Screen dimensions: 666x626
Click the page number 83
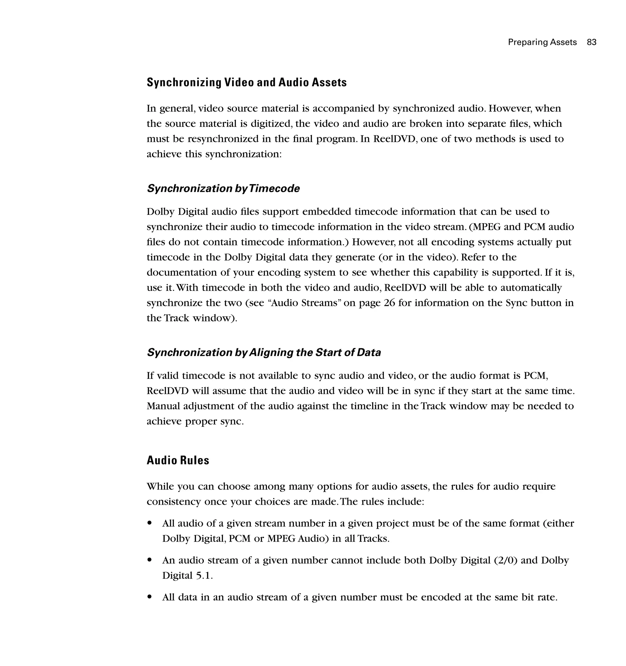(591, 42)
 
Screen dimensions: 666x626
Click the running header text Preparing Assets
(542, 42)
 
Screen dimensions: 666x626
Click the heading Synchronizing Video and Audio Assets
(247, 82)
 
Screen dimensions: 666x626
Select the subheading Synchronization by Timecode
(223, 188)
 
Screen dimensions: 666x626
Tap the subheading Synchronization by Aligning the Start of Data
(264, 353)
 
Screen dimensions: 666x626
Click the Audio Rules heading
(178, 460)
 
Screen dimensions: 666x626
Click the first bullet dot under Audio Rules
(150, 523)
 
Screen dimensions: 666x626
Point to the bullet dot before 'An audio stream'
(150, 560)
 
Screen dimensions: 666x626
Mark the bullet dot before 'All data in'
(150, 597)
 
